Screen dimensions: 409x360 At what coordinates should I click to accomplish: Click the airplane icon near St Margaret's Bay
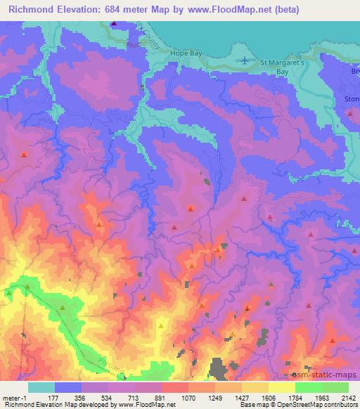245,60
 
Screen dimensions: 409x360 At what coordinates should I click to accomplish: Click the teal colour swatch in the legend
41,387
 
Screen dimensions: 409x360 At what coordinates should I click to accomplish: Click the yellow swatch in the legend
281,387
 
